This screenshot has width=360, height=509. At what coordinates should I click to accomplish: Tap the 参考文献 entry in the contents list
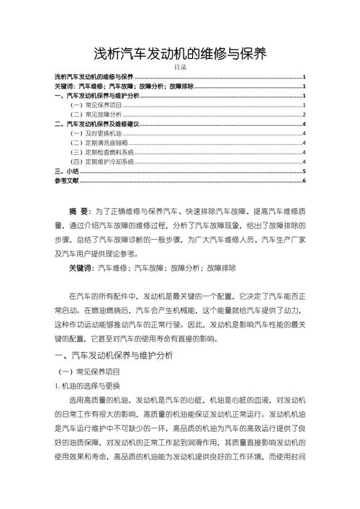(67, 181)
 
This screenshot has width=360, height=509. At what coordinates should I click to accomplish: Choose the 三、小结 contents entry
(67, 171)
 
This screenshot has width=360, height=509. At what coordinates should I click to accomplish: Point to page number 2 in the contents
(305, 114)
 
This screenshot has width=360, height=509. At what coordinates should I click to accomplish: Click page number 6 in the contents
(305, 181)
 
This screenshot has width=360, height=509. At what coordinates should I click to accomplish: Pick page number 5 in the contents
(305, 171)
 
